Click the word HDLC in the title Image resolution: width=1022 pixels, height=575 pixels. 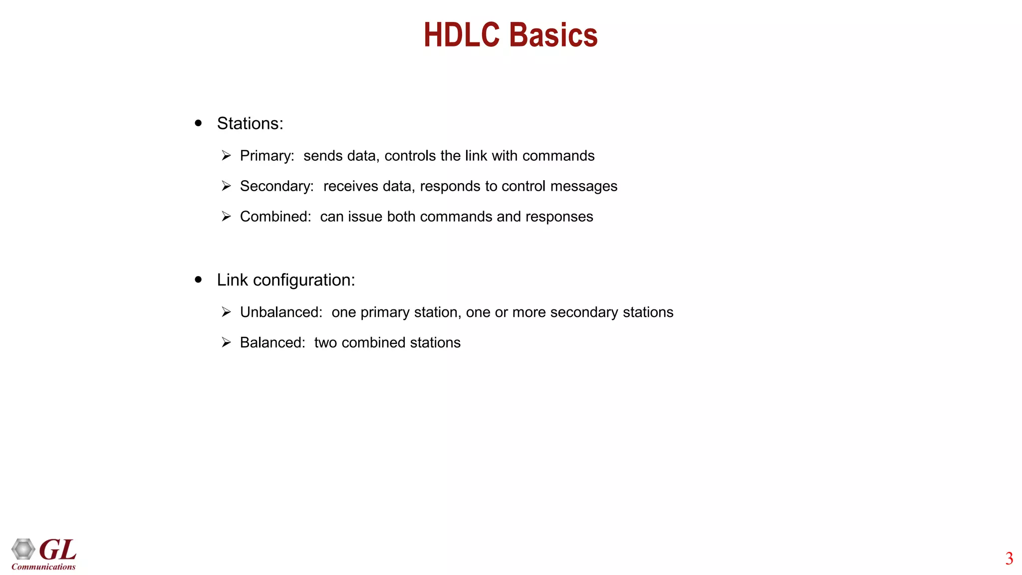(x=462, y=35)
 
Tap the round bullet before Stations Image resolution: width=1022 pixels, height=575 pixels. (x=199, y=123)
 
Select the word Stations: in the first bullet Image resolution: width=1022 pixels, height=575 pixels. (x=250, y=124)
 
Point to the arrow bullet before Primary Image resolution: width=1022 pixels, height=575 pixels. (x=226, y=156)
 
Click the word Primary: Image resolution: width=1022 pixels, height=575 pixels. (x=267, y=156)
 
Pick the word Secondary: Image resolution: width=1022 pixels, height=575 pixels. (x=277, y=186)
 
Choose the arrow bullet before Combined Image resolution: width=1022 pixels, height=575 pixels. (x=226, y=217)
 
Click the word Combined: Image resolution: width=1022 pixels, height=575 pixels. (x=275, y=217)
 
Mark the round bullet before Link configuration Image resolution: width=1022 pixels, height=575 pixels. (x=199, y=280)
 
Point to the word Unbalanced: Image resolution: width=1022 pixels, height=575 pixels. (x=281, y=312)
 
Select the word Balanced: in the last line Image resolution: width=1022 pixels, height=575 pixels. (x=272, y=343)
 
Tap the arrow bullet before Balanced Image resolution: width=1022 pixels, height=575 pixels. (x=226, y=343)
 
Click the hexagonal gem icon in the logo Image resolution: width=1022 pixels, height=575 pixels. (x=23, y=549)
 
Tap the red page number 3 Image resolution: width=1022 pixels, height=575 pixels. (x=1009, y=559)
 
